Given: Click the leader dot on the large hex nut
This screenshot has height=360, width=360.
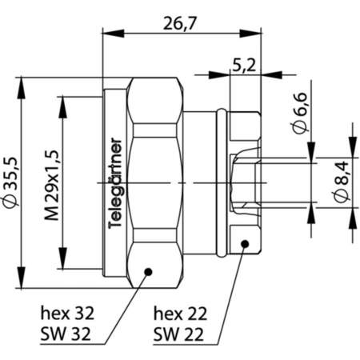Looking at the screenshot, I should click(x=147, y=270).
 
